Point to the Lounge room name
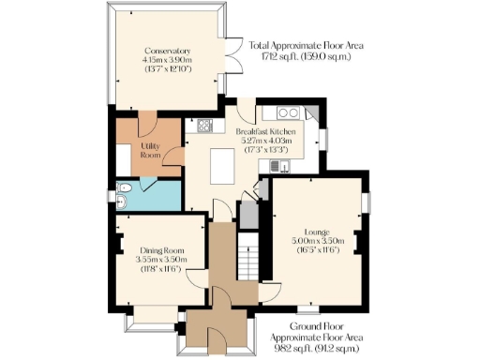316,231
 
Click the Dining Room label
157,249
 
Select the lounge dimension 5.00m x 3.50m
316,240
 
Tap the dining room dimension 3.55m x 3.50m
157,259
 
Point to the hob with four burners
205,126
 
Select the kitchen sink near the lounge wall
277,166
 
